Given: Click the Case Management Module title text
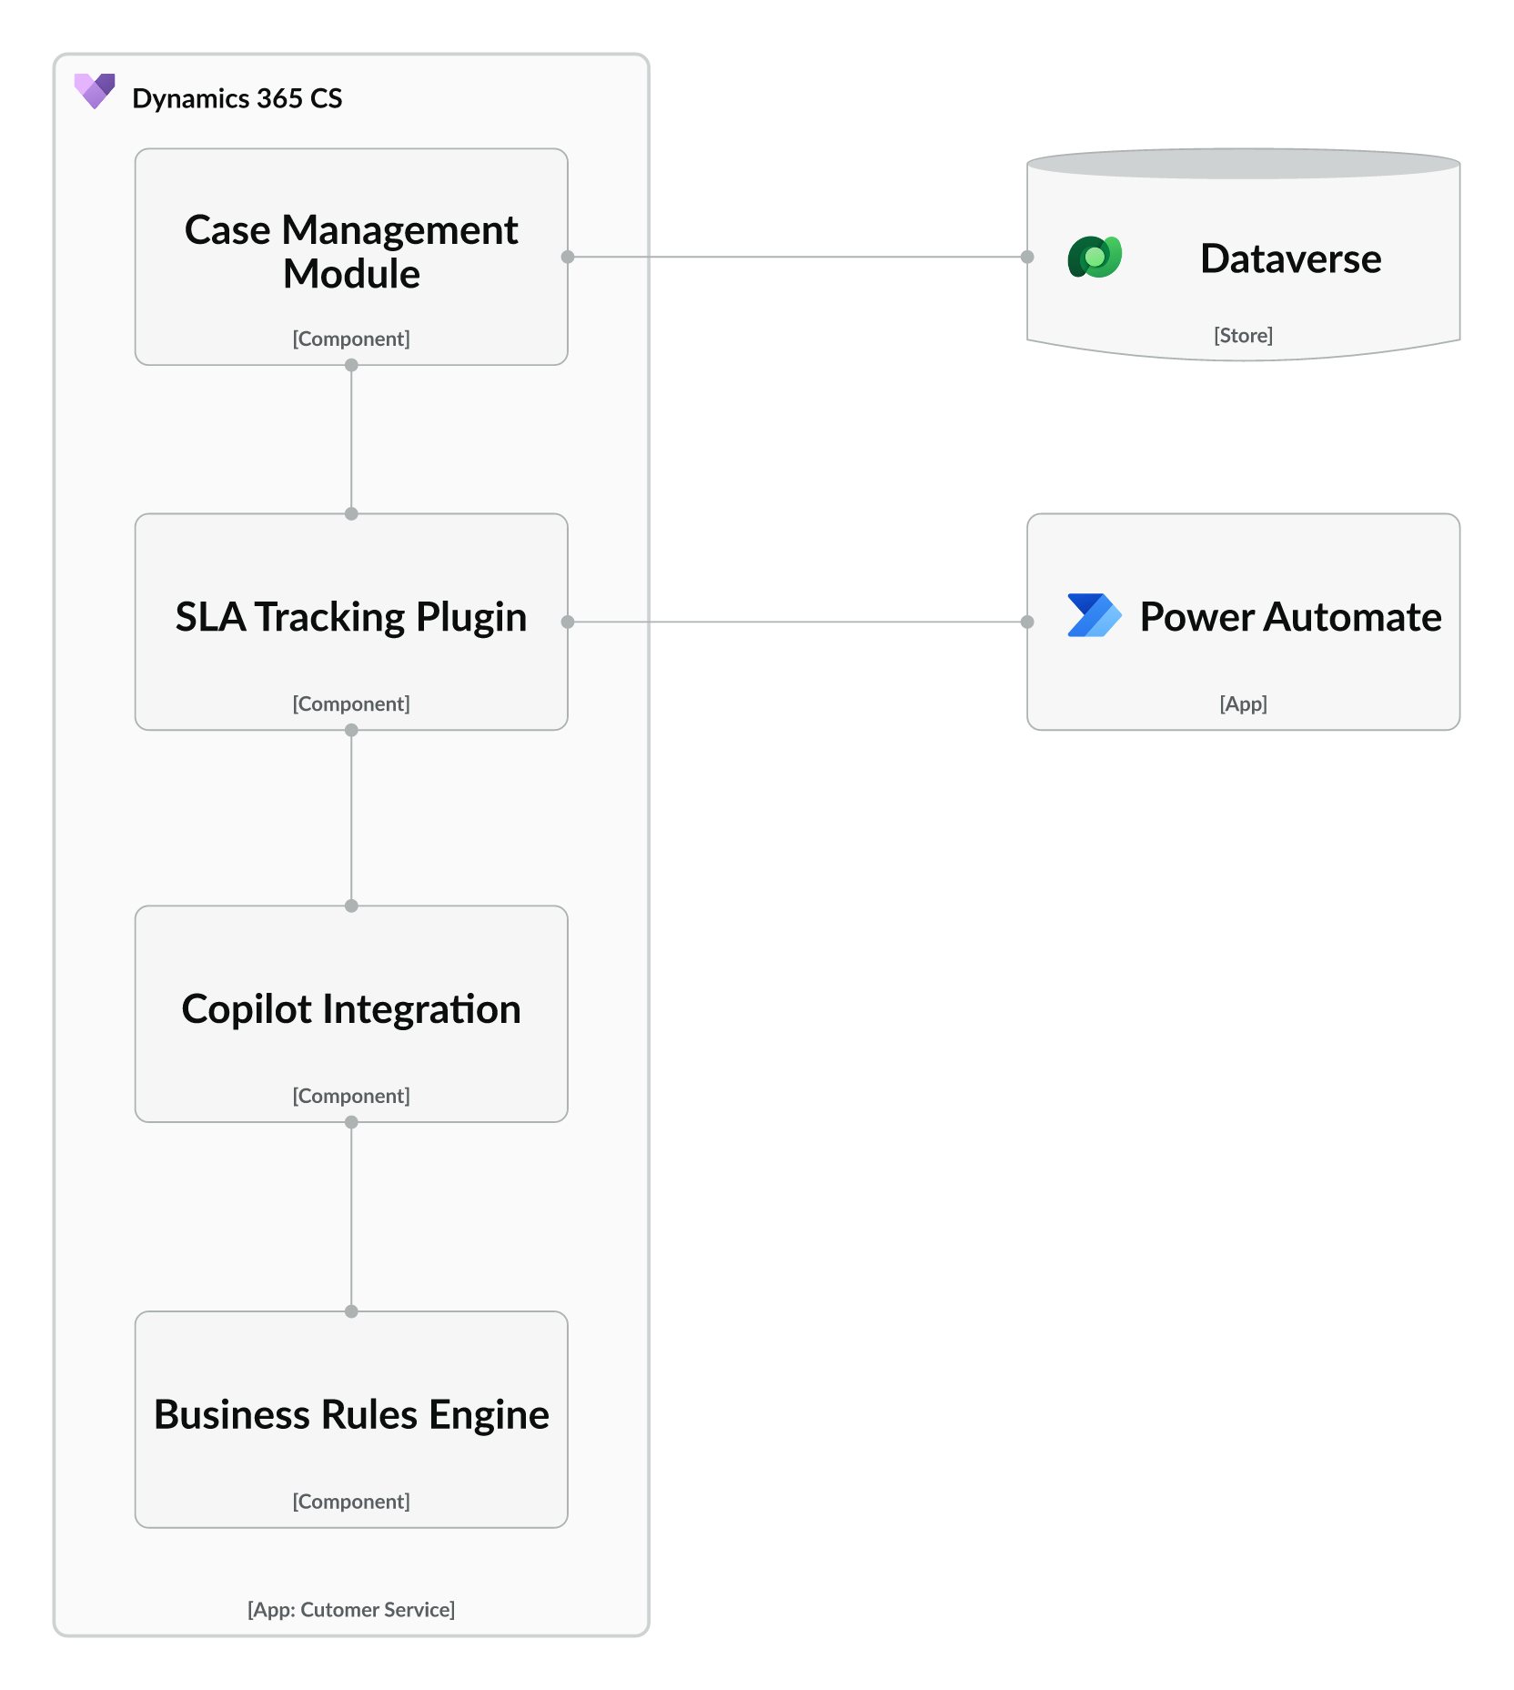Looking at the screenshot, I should (351, 251).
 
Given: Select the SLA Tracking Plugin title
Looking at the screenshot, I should (351, 617).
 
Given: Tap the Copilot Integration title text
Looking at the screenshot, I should (351, 1009).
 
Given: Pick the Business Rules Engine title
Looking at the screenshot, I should (351, 1415).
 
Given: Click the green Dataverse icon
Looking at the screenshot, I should (1095, 258).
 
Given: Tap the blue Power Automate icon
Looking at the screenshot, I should (1094, 616).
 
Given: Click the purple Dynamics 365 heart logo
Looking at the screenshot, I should (95, 91).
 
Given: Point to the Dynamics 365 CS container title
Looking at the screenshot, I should (237, 98).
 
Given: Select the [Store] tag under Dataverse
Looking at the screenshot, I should (1243, 335).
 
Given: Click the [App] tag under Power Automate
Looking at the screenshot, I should (1243, 703).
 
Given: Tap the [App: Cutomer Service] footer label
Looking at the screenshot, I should (351, 1610).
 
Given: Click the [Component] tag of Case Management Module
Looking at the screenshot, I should (351, 339).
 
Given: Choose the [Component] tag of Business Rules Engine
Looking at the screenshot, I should (351, 1502).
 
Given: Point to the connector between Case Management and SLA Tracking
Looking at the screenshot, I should (351, 440).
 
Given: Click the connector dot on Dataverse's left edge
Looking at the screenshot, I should (1027, 258).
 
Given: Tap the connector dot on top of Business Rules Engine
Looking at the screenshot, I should (351, 1311).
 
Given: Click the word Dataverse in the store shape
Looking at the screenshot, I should (1290, 258).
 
